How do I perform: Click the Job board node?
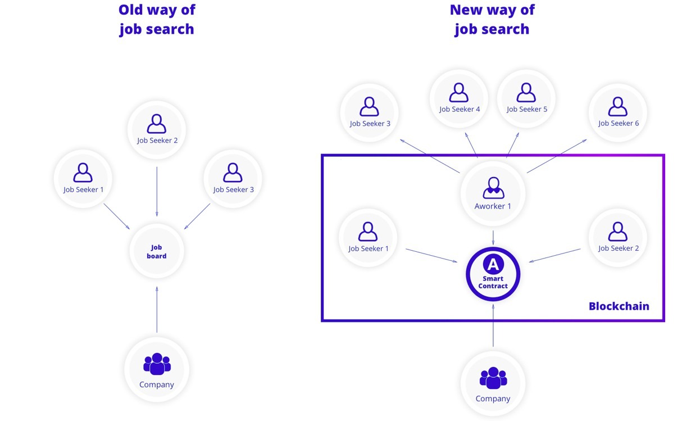tap(157, 251)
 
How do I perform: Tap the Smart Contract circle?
tap(493, 275)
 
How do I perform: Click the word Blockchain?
tap(619, 306)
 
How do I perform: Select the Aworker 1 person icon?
tap(493, 187)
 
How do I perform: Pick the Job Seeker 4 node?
tap(460, 99)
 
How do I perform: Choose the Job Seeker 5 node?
tap(526, 99)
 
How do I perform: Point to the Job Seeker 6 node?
tap(618, 113)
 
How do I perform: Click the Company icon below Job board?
tap(157, 364)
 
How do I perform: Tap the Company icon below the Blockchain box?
tap(493, 378)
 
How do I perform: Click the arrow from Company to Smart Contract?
tap(493, 326)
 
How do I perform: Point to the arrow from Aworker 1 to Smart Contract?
tap(493, 237)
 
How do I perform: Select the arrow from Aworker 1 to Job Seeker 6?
tap(556, 156)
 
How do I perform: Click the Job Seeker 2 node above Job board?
tap(157, 130)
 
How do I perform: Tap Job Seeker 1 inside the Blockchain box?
tap(368, 238)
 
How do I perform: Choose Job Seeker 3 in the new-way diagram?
tap(370, 113)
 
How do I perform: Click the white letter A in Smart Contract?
tap(493, 264)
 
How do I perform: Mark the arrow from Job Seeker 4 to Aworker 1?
tap(472, 145)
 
